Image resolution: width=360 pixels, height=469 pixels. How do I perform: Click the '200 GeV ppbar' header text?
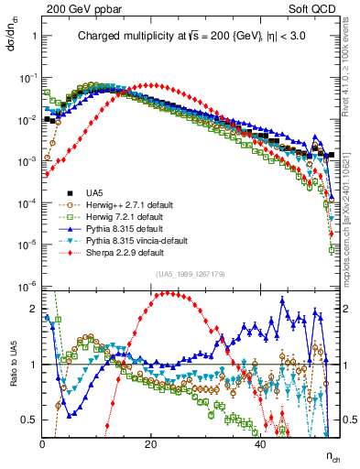pyautogui.click(x=78, y=8)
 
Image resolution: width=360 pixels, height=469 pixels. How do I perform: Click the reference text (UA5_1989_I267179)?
pyautogui.click(x=191, y=274)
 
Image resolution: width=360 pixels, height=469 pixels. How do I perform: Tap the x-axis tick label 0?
pyautogui.click(x=42, y=443)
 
